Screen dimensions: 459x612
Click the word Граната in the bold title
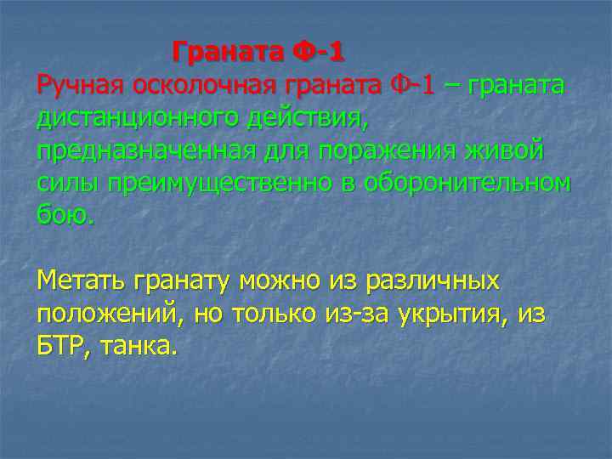click(x=225, y=54)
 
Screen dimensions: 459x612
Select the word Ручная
click(x=80, y=86)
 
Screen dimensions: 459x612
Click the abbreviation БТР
click(x=63, y=345)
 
